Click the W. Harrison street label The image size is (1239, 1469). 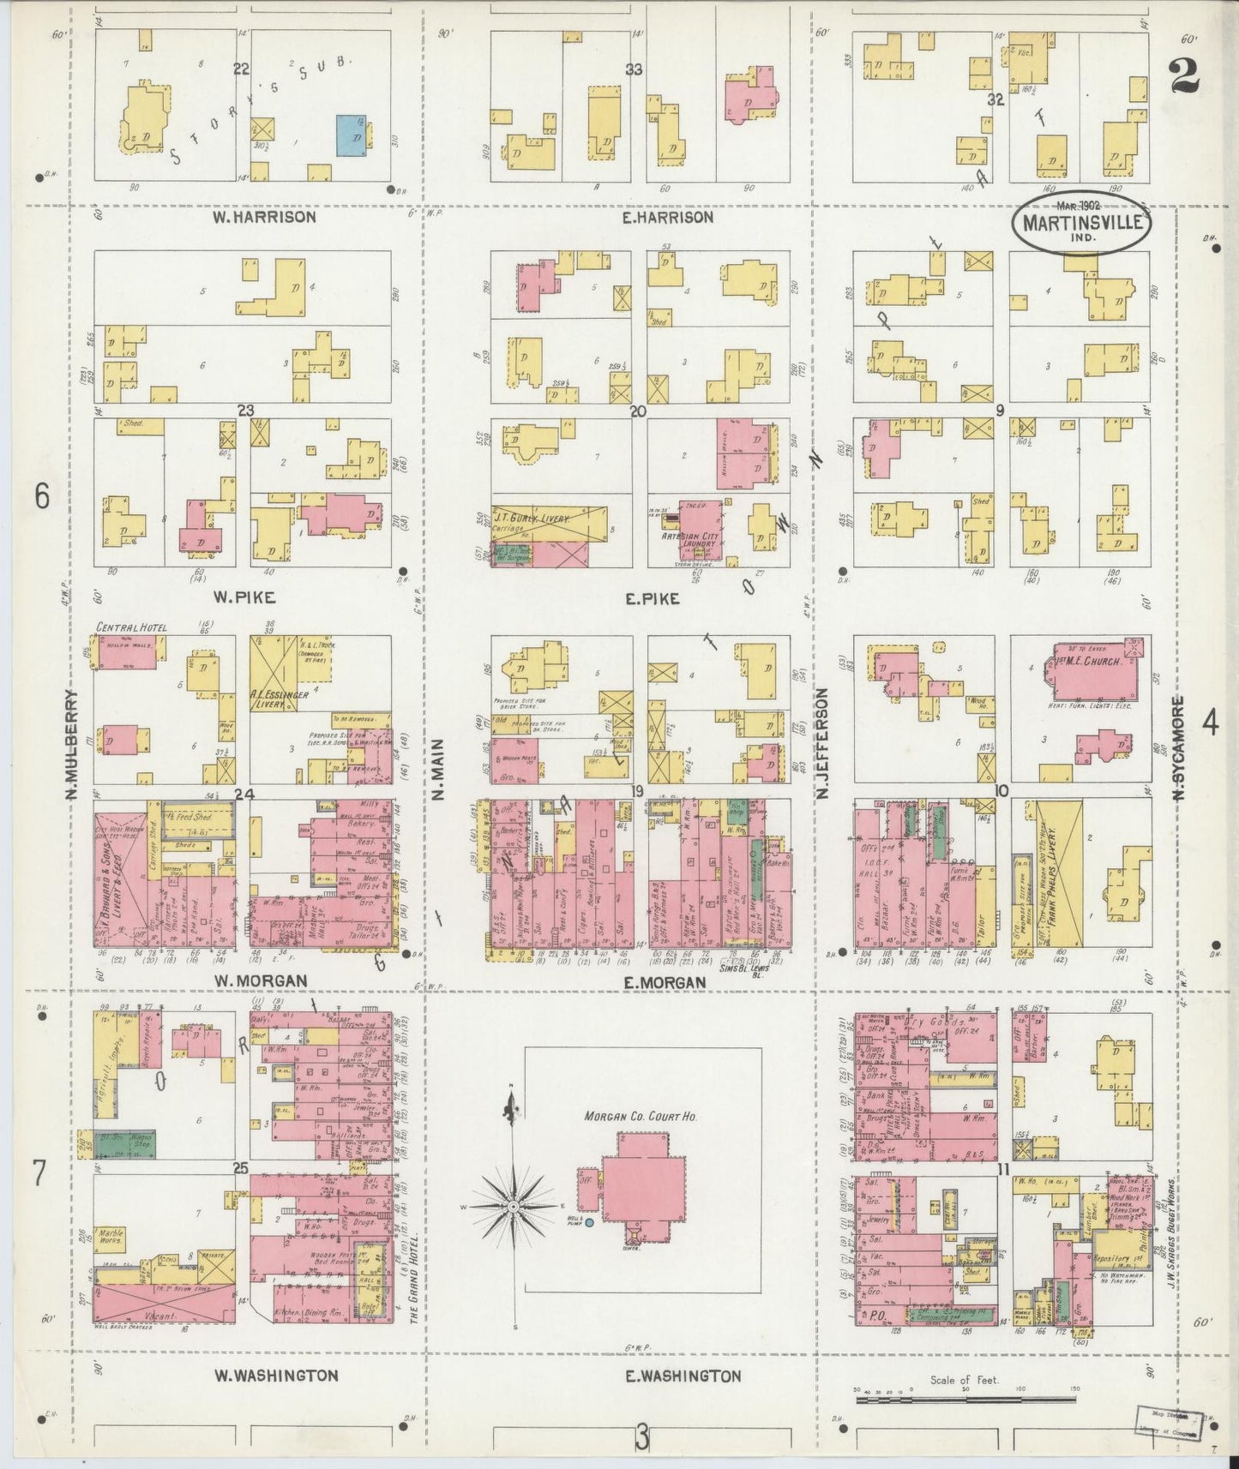pyautogui.click(x=264, y=218)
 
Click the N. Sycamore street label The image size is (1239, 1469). pyautogui.click(x=1178, y=749)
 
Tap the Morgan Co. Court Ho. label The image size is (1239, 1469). pyautogui.click(x=641, y=1116)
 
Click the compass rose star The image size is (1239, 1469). pyautogui.click(x=513, y=1208)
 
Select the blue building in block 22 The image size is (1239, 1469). pyautogui.click(x=354, y=135)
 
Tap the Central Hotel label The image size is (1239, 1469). pyautogui.click(x=132, y=627)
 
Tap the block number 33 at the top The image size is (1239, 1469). pyautogui.click(x=633, y=69)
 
